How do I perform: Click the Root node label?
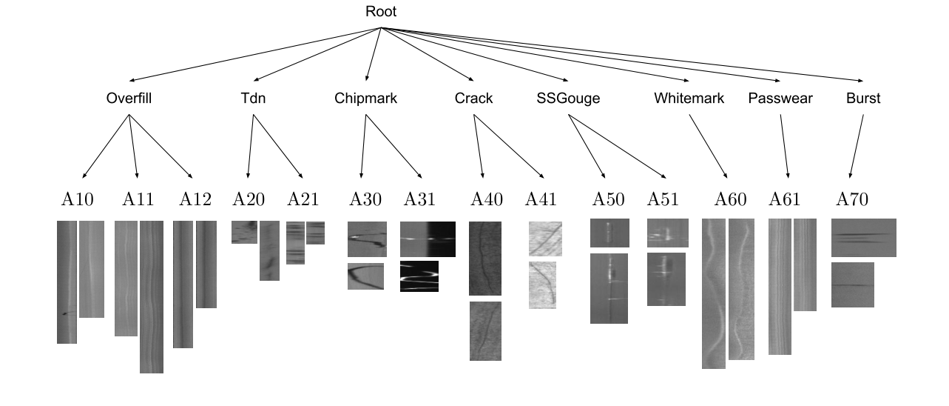click(381, 12)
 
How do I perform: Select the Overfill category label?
click(129, 99)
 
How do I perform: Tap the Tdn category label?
click(253, 99)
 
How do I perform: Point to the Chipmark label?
click(365, 99)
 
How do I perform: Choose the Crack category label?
click(473, 99)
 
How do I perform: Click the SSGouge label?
click(568, 99)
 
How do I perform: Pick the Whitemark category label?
click(689, 99)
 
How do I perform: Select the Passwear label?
click(780, 99)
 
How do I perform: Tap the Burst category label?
click(863, 99)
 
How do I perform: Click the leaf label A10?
click(77, 199)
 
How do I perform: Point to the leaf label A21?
click(303, 199)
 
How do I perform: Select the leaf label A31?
click(419, 199)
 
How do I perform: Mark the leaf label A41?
click(541, 199)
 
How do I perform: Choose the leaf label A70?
click(852, 199)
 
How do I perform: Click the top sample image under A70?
click(863, 237)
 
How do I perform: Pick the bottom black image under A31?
click(419, 276)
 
